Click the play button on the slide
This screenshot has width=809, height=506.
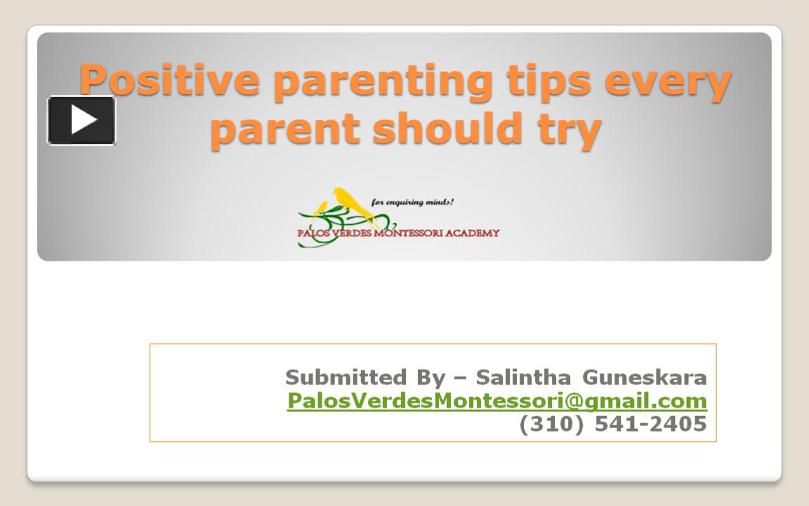[81, 120]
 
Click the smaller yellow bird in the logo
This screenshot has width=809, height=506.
[322, 208]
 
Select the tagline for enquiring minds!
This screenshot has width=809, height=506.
[412, 202]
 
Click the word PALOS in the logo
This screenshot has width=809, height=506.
[316, 233]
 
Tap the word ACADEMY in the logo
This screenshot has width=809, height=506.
[473, 233]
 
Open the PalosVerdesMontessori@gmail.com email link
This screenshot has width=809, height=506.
[497, 401]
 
